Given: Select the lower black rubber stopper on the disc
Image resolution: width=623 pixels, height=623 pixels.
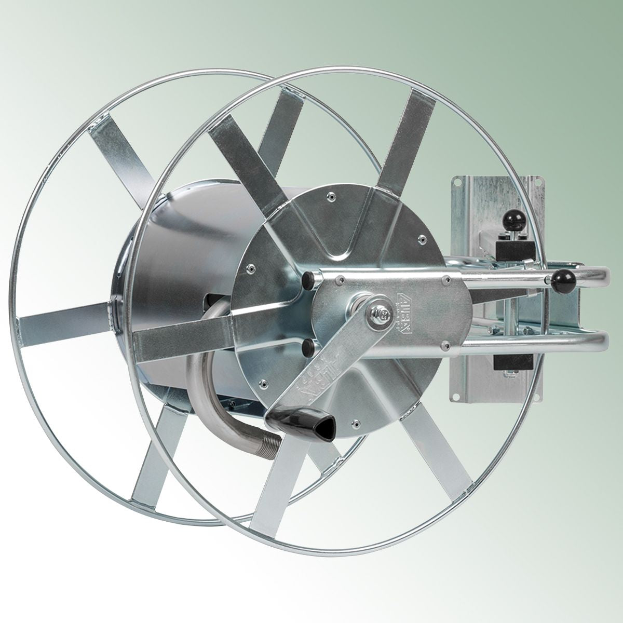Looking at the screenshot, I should click(307, 344).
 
